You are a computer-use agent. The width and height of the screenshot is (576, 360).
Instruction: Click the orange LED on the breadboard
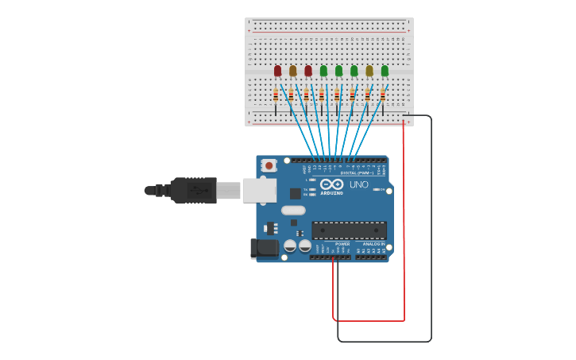coord(292,71)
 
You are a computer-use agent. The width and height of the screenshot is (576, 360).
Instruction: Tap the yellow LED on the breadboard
coord(369,71)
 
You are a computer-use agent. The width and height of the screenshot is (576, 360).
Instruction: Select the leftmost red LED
coord(277,71)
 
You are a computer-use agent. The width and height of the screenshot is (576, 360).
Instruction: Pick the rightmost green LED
coord(385,71)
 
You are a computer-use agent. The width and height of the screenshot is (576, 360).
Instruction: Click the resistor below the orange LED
coord(292,95)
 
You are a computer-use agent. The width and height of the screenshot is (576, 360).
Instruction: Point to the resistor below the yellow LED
coord(367,95)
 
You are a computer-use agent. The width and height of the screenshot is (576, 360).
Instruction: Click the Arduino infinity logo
coord(332,184)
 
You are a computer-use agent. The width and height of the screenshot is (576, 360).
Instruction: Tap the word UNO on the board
coord(359,185)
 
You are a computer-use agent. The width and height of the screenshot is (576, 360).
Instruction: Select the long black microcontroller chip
coord(349,230)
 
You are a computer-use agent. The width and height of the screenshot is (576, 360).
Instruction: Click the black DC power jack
coord(265,249)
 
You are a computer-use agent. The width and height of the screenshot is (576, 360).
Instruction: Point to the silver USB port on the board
coord(259,190)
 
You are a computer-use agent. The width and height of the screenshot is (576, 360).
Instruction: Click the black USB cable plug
coord(193,191)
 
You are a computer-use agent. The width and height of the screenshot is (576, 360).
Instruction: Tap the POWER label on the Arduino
coord(342,244)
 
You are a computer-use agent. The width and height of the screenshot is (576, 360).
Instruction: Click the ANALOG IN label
coord(373,244)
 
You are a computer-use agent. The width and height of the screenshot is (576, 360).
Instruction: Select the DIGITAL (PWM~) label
coord(358,172)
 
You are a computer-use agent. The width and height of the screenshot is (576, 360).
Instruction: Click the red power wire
coord(404,223)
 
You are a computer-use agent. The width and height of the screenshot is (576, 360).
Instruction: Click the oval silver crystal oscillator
coord(293,211)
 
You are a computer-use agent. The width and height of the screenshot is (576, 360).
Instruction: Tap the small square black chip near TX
coord(296,193)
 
